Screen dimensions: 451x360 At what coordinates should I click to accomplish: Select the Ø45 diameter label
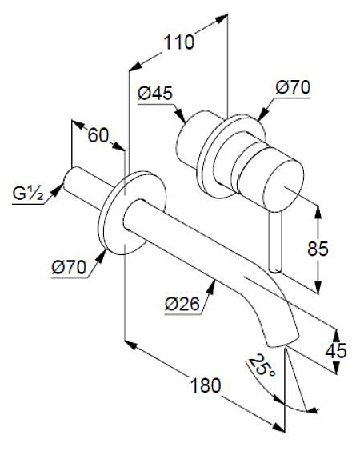[x=155, y=94]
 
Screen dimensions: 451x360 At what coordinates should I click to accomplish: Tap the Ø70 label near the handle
[x=292, y=88]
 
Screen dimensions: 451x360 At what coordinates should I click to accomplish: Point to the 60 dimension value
[x=98, y=135]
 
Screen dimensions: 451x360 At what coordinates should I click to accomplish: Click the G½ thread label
[x=27, y=194]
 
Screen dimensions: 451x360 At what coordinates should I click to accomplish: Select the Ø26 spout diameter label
[x=182, y=303]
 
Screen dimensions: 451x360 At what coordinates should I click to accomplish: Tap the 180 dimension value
[x=206, y=385]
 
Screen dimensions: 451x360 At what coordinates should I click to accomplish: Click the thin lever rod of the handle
[x=277, y=240]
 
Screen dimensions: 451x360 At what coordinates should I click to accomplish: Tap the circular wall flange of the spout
[x=128, y=213]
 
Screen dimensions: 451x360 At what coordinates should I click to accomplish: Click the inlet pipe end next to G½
[x=71, y=178]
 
